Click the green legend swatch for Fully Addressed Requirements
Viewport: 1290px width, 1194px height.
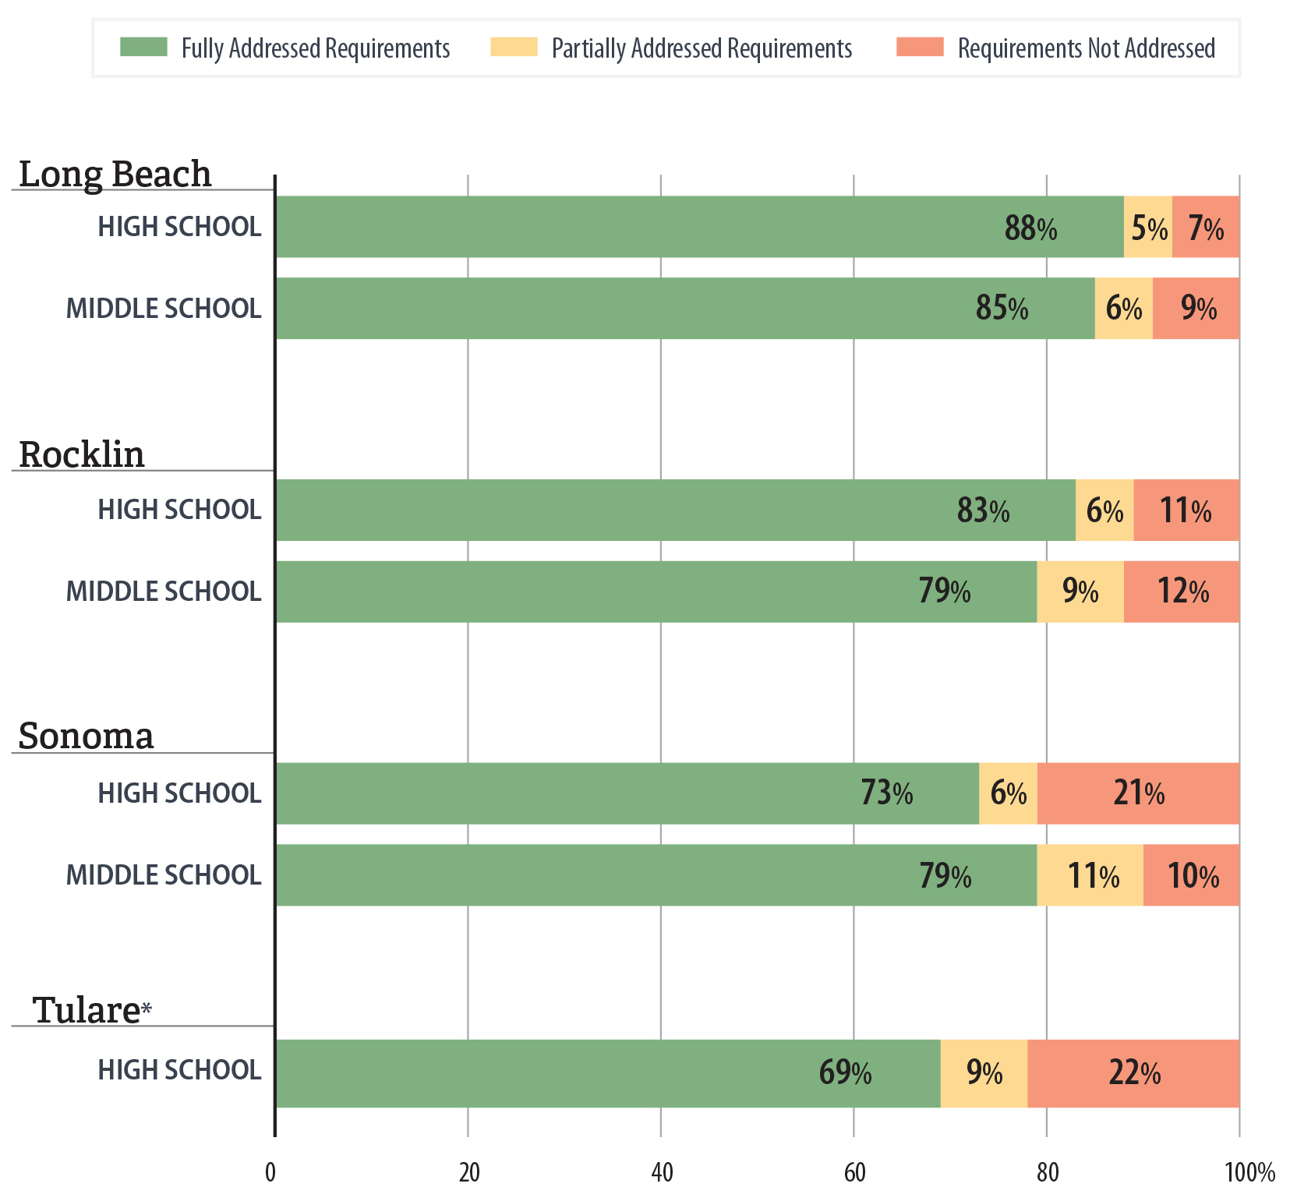(x=143, y=47)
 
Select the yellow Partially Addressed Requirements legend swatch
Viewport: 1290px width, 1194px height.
(x=514, y=47)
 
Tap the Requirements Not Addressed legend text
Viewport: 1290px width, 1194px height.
(x=1086, y=48)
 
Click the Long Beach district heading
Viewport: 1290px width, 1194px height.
(x=115, y=173)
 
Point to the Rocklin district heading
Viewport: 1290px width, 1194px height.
(x=82, y=454)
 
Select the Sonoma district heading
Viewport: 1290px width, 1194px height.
(x=86, y=736)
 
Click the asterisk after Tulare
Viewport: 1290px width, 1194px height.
(x=147, y=1009)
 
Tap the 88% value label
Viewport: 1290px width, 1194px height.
(x=1030, y=228)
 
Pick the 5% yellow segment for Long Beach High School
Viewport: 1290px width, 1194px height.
(x=1148, y=228)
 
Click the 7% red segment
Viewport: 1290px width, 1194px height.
(x=1206, y=228)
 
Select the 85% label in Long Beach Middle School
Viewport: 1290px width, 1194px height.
(x=1002, y=309)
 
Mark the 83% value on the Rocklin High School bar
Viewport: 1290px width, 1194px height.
(x=983, y=511)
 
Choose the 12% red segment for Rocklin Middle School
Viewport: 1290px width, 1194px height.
(x=1182, y=592)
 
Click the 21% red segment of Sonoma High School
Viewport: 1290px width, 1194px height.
(x=1139, y=793)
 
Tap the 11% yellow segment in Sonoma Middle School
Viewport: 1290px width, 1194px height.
(x=1092, y=876)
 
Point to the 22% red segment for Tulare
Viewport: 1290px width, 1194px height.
(x=1134, y=1073)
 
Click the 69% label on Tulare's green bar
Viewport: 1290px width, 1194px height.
(x=845, y=1073)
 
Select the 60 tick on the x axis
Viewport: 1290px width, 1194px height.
(x=854, y=1172)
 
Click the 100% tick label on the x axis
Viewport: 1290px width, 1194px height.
(x=1249, y=1172)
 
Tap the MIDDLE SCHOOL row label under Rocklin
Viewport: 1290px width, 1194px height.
(x=164, y=592)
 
